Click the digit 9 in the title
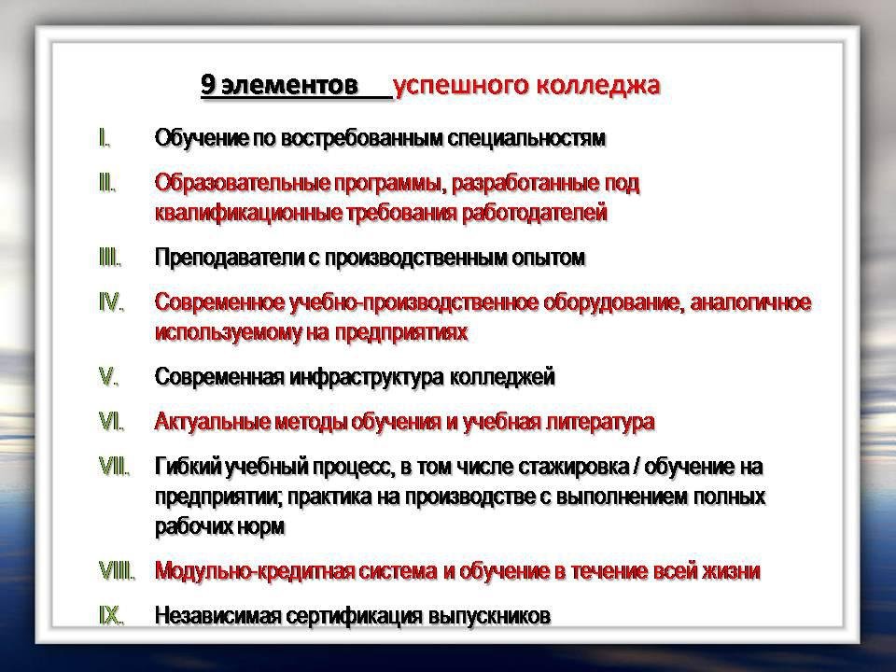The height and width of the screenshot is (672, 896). click(x=208, y=85)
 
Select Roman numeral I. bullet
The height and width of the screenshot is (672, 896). click(x=105, y=138)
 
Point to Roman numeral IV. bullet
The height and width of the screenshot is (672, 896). click(x=111, y=301)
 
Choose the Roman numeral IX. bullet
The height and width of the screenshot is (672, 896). click(x=111, y=615)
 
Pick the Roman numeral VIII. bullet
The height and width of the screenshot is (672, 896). click(x=117, y=570)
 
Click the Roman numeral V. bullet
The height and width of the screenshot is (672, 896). click(x=108, y=376)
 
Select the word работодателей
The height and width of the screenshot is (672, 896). click(x=534, y=213)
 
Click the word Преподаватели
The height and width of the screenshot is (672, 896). click(x=230, y=258)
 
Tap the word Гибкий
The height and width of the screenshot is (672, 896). click(x=188, y=467)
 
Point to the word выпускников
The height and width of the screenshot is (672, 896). click(x=489, y=616)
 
